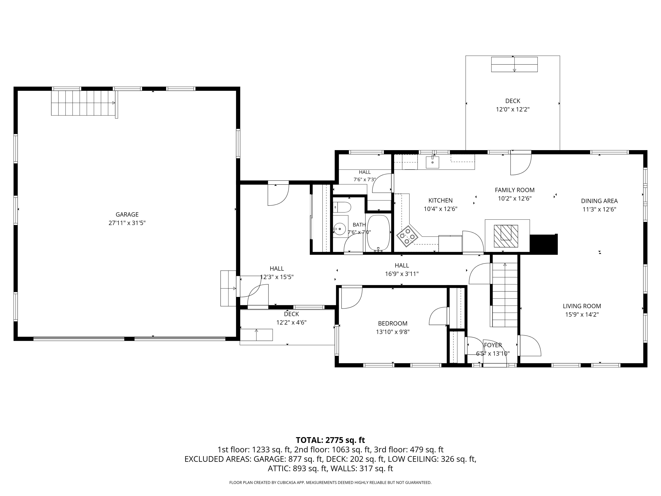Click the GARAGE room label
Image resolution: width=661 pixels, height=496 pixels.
[x=127, y=214]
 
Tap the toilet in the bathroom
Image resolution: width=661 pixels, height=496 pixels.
[x=342, y=207]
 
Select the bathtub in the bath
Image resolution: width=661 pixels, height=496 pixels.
[x=378, y=233]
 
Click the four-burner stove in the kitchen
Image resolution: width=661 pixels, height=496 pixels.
[x=407, y=236]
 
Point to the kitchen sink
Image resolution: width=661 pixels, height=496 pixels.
[x=432, y=162]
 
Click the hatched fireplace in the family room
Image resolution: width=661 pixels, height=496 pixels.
[x=506, y=236]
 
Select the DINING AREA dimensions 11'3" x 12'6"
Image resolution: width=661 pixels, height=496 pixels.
[x=600, y=209]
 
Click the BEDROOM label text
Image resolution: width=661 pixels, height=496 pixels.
[x=393, y=323]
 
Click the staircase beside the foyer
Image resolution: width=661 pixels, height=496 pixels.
[x=505, y=295]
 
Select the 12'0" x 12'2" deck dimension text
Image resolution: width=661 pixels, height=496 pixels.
[x=513, y=109]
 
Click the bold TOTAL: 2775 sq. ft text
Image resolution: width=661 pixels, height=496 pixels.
[x=330, y=440]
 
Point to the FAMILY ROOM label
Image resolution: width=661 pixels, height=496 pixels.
[x=514, y=190]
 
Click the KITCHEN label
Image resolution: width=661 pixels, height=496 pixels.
[x=440, y=200]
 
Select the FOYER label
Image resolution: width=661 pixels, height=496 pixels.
[x=493, y=345]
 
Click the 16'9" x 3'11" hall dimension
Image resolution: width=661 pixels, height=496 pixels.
[x=402, y=274]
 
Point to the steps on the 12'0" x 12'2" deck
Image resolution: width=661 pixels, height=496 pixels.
[x=514, y=64]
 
